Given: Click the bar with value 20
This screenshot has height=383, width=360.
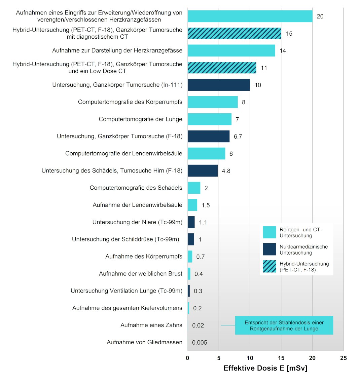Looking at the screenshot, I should coord(250,16).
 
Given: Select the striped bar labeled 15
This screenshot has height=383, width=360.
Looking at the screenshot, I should coord(234,33).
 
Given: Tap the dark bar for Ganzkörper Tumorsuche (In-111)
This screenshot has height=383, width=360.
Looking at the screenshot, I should coord(219,85).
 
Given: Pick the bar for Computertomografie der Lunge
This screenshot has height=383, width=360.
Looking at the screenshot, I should coord(209,119).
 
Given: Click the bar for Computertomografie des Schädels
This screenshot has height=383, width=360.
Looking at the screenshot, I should coord(194,188).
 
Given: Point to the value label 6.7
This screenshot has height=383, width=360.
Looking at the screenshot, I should coord(238,137).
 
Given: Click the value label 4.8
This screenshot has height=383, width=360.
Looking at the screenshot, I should coord(226,171).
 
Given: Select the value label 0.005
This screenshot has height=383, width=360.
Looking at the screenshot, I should coord(200,343).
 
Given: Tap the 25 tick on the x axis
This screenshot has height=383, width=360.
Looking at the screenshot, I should coord(343,358).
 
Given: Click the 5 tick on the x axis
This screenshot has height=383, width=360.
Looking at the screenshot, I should coord(219,358).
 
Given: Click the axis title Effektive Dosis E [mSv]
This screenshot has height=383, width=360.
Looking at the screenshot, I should coord(265,368).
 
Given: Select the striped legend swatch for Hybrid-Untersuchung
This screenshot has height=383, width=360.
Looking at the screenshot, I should coord(269,266).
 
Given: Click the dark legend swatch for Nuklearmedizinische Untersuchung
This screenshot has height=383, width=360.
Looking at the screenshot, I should coord(269,249).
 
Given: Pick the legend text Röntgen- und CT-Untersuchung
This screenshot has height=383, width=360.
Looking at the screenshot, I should coord(300,232).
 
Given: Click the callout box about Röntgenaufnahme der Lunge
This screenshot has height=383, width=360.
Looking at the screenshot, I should coord(284,325).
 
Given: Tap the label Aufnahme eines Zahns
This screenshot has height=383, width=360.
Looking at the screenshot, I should coord(151,325).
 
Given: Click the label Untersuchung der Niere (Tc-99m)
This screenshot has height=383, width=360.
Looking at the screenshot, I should coord(137,222).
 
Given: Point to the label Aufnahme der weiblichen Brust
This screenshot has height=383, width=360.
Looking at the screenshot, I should coord(141,274).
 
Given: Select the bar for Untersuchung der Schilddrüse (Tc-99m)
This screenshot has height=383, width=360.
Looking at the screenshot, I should coord(191,239).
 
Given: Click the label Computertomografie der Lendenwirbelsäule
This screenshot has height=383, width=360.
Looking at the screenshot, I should coord(124,153).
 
